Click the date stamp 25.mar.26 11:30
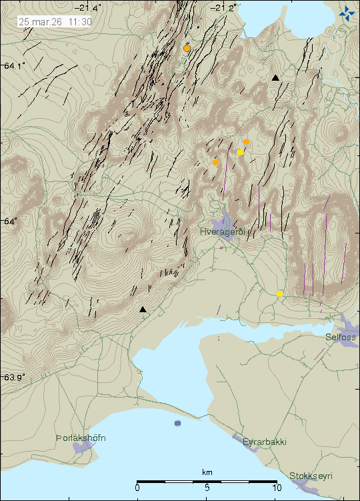(x=55, y=21)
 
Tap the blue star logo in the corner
(x=347, y=11)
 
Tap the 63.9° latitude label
(x=14, y=377)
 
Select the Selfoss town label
(x=341, y=338)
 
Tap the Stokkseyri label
(x=311, y=476)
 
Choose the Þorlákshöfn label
(x=81, y=438)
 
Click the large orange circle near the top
(x=187, y=48)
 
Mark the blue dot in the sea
(x=177, y=423)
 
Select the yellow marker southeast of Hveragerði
(x=280, y=294)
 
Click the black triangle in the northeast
(x=275, y=78)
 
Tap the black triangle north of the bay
(x=142, y=310)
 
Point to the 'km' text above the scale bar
(x=207, y=472)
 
